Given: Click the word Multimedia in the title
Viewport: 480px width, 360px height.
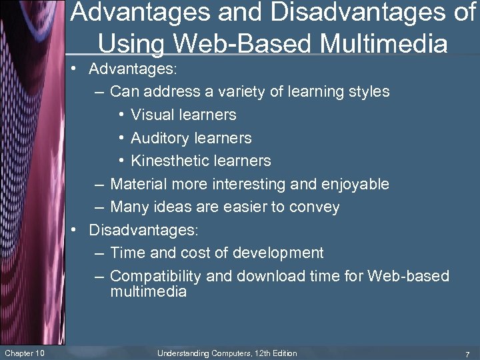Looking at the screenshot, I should point(384,44).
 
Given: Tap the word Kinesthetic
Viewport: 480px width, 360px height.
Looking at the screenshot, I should point(172,161).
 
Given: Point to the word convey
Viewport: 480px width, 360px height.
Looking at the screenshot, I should point(313,207).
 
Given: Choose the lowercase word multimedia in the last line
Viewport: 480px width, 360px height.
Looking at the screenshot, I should point(148,292).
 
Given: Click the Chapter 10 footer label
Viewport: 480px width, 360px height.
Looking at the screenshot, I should point(24,353).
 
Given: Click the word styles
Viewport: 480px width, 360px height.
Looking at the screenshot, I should point(368,92).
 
